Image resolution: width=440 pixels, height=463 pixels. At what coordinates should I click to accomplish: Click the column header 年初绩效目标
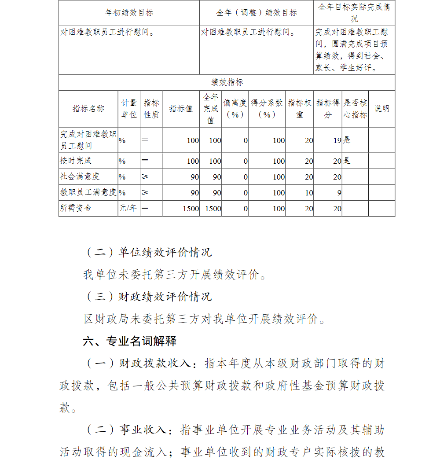(x=129, y=13)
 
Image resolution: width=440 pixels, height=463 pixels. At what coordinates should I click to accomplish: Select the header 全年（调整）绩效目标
(x=257, y=13)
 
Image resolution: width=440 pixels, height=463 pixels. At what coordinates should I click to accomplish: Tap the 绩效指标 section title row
(x=227, y=82)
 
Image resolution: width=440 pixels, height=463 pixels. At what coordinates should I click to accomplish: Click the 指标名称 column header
(x=88, y=109)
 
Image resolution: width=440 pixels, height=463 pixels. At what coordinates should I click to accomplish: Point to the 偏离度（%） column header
(x=235, y=109)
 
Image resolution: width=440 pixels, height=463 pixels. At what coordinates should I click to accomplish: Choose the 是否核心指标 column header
(x=355, y=109)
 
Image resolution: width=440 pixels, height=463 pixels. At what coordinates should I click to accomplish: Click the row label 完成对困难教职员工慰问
(x=88, y=140)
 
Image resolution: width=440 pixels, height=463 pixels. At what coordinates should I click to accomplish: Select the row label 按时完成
(x=76, y=161)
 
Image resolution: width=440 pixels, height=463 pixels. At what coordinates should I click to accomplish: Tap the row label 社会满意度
(x=80, y=176)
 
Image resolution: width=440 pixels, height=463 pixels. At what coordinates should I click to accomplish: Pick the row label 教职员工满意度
(x=88, y=192)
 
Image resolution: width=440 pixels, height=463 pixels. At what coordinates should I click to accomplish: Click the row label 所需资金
(x=76, y=208)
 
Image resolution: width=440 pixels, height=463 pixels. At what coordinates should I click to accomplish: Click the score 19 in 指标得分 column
(x=337, y=140)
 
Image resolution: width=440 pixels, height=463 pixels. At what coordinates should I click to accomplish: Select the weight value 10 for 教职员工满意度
(x=309, y=193)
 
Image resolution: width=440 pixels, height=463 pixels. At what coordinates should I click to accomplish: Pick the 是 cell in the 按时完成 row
(x=347, y=161)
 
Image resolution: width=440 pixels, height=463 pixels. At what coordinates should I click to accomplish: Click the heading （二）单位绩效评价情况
(x=147, y=252)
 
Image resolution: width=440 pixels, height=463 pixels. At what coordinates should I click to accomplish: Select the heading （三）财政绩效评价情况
(x=147, y=296)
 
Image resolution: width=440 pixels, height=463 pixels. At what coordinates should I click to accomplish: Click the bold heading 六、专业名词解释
(x=130, y=341)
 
